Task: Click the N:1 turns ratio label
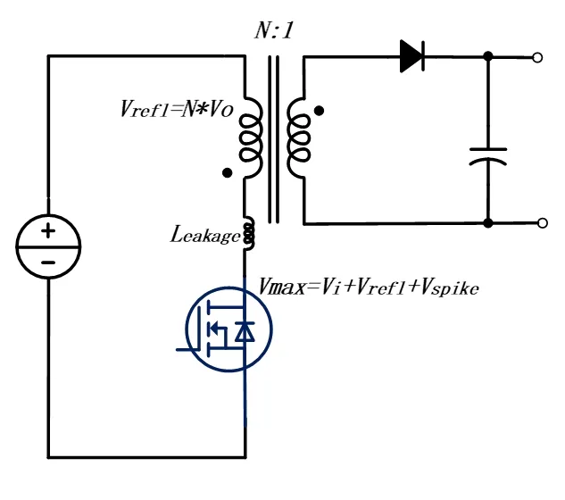273,31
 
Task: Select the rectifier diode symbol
411,56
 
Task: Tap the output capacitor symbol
487,156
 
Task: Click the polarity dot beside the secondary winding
319,112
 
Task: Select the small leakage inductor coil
247,234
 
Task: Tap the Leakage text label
204,236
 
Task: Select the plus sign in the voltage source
48,230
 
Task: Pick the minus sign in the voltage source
48,262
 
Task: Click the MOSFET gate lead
189,349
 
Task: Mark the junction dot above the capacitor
487,57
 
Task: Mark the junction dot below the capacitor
487,222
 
